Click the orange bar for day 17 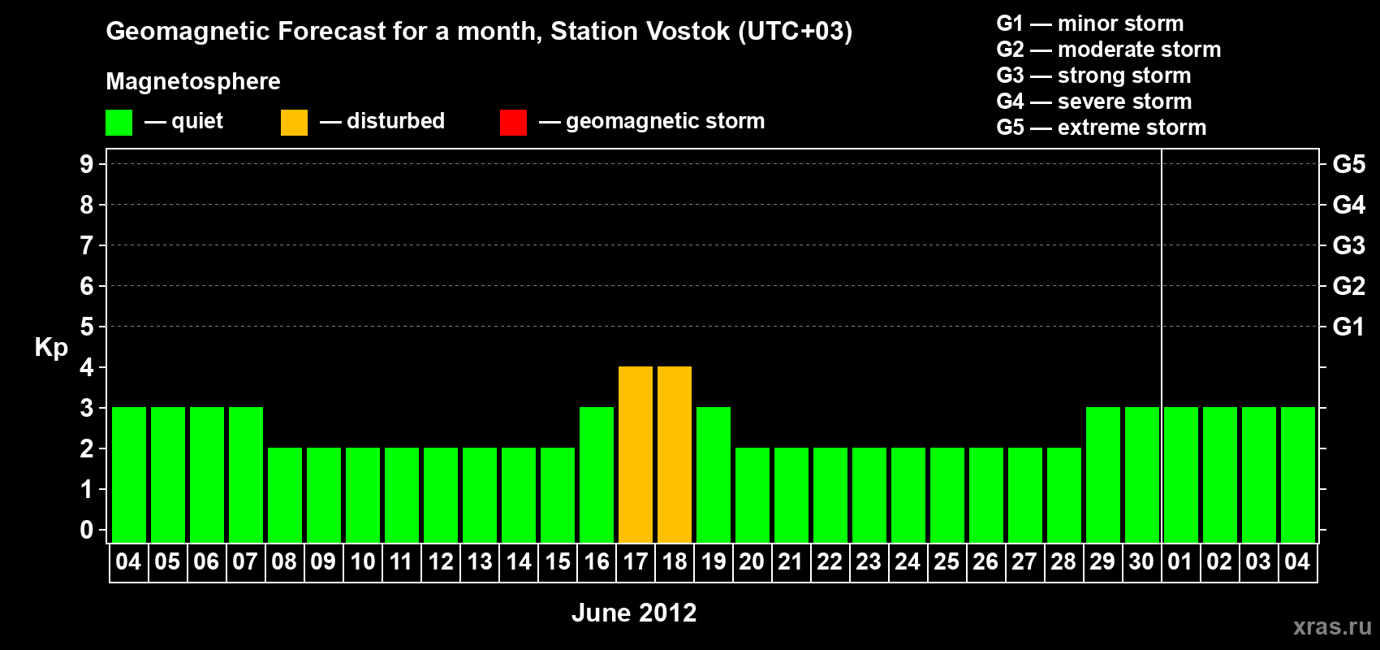coord(635,454)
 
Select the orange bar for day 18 coord(675,454)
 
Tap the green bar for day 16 coord(597,474)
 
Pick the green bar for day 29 coord(1102,474)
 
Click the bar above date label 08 coord(285,495)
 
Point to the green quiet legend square coord(119,122)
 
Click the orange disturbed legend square coord(294,122)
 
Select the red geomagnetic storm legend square coord(513,122)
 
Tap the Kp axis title coord(51,348)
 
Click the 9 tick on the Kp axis coord(86,164)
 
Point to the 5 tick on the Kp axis coord(86,327)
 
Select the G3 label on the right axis coord(1348,245)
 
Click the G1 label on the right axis coord(1348,327)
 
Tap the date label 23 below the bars coord(869,561)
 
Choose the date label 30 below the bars coord(1141,561)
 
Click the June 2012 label coord(634,613)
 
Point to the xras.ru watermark coord(1332,626)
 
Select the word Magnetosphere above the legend coord(193,81)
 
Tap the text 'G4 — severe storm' coord(1093,101)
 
